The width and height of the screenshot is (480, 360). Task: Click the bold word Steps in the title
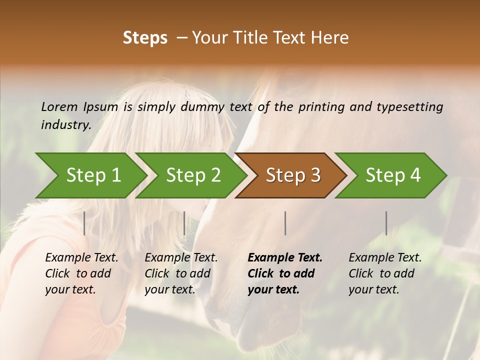click(145, 38)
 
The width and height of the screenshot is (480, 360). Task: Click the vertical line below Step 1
click(84, 223)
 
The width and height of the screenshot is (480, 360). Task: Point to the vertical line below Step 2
click(184, 223)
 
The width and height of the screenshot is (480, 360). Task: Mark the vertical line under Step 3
click(285, 223)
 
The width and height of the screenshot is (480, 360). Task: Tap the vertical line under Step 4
click(386, 223)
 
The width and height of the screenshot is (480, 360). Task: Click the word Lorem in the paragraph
click(59, 106)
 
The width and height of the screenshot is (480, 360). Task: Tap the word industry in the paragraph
click(65, 124)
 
